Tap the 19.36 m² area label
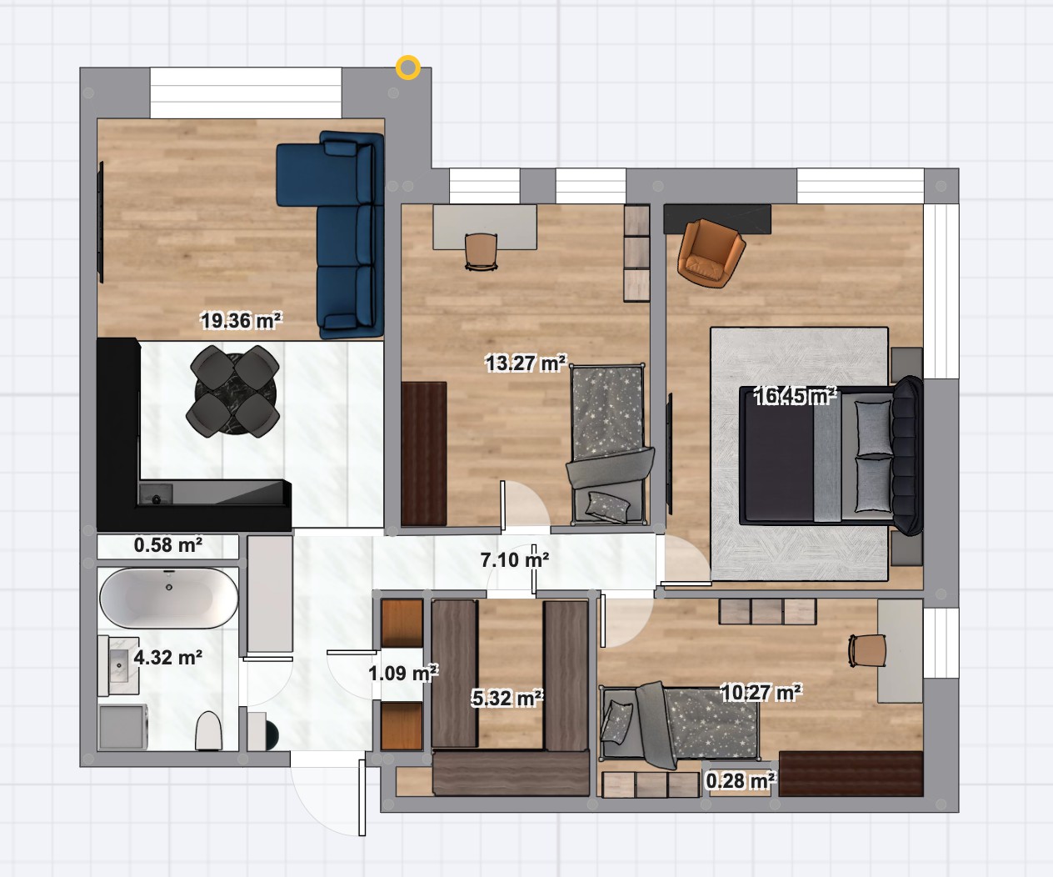point(241,320)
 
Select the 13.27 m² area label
point(526,363)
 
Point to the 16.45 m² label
point(796,396)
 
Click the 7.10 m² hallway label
point(514,559)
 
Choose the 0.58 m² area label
point(168,545)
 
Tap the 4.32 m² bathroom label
point(168,657)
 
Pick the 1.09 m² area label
point(403,673)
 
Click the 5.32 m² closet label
point(507,699)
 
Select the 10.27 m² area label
point(761,693)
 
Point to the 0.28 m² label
point(741,781)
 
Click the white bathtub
point(169,599)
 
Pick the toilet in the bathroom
point(209,730)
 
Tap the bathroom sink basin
point(119,665)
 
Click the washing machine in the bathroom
point(123,727)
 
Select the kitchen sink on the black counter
point(156,494)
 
